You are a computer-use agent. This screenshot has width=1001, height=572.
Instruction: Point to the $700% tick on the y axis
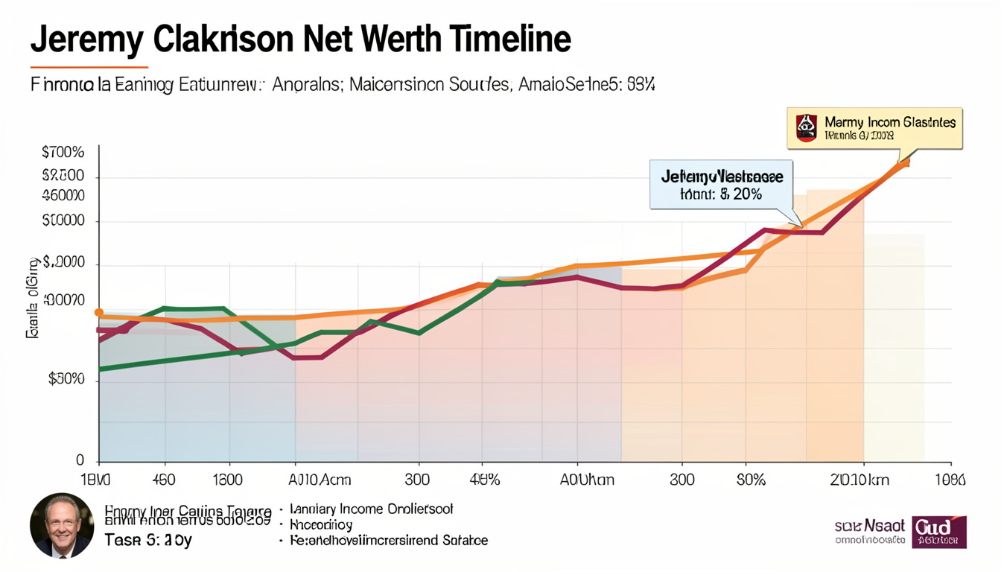coord(63,153)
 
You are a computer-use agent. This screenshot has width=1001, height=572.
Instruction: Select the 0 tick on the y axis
coord(80,461)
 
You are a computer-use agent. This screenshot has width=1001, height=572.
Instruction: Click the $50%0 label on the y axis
coord(66,378)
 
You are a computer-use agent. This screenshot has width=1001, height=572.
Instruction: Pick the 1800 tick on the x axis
coord(228,480)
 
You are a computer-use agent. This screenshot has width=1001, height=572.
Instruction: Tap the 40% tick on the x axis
coord(485,480)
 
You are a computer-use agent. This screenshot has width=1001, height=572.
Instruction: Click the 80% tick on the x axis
coord(751,480)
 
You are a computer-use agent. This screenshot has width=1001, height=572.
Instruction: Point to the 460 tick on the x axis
coord(163,480)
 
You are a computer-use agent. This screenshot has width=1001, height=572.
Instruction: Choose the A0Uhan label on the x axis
coord(587,480)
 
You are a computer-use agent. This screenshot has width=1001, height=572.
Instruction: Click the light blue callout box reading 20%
coord(721,185)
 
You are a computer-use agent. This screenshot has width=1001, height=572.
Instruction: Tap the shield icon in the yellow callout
coord(806,128)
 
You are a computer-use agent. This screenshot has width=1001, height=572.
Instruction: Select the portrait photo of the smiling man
coord(62,525)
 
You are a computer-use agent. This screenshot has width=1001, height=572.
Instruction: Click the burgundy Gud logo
coord(938,532)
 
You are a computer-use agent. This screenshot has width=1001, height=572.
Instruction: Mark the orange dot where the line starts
coord(100,314)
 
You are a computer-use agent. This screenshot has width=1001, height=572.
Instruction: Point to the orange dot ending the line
coord(905,162)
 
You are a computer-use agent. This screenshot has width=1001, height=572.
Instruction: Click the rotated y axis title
coord(34,298)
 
